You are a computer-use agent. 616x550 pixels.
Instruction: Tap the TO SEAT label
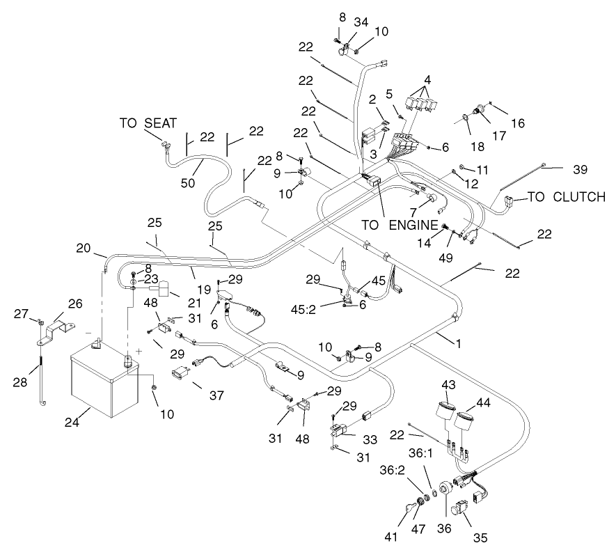148,123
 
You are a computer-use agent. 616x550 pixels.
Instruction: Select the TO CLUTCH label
566,197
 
